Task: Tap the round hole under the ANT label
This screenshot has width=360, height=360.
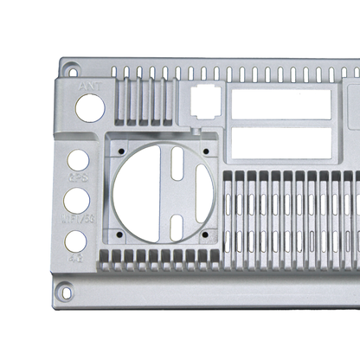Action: click(x=89, y=107)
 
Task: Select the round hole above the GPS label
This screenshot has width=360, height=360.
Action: click(x=78, y=161)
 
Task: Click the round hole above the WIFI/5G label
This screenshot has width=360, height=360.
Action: click(x=76, y=201)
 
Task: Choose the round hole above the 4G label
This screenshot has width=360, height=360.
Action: click(x=76, y=241)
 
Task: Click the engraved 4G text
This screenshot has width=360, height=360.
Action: click(x=76, y=257)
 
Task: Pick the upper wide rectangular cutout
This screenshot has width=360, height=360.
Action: click(x=280, y=105)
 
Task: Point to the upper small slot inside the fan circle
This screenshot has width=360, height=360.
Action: click(x=177, y=164)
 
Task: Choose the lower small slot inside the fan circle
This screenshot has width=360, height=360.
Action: click(x=177, y=227)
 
